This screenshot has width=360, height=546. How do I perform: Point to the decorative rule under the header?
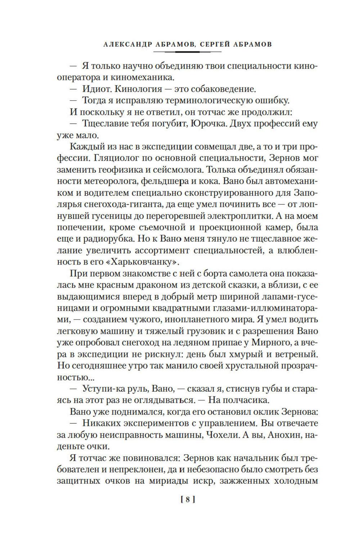187,52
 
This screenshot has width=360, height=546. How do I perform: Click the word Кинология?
140,88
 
